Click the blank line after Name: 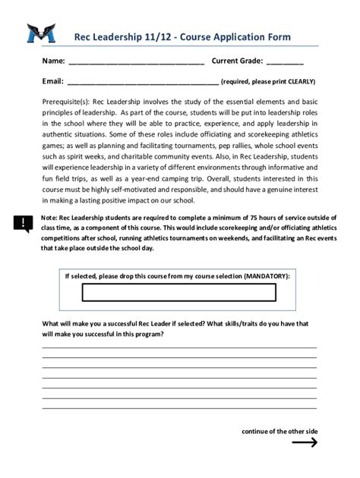[x=136, y=61]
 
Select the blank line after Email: [x=143, y=82]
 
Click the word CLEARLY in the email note [x=298, y=82]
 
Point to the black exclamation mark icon [x=22, y=222]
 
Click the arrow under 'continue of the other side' [x=304, y=443]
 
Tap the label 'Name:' [x=53, y=61]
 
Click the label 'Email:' [x=52, y=81]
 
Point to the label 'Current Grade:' [x=237, y=61]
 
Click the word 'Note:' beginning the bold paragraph [x=50, y=217]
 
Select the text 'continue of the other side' [x=279, y=431]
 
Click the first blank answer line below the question [x=179, y=346]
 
